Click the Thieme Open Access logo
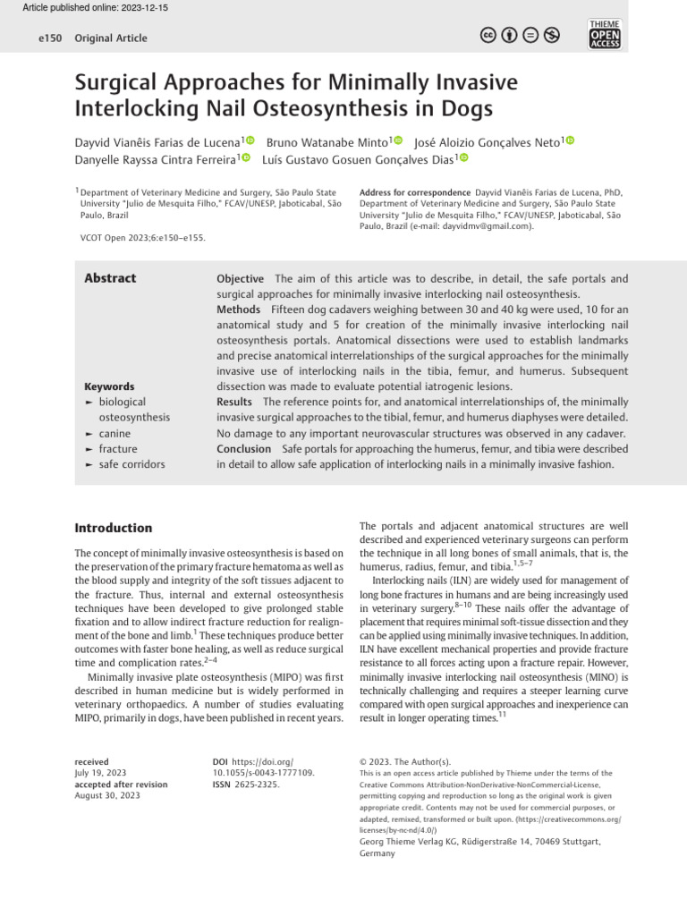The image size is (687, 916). click(x=605, y=34)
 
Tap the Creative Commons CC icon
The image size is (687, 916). click(x=489, y=36)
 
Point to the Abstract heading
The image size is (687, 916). click(x=110, y=278)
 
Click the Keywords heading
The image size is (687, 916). click(x=109, y=386)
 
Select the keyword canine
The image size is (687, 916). click(x=114, y=433)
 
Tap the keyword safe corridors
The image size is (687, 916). click(x=131, y=464)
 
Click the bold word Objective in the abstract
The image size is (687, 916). click(x=240, y=279)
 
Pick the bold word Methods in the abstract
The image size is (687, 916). click(x=239, y=310)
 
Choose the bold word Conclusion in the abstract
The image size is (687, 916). click(x=243, y=449)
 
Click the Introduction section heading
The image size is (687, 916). click(x=114, y=528)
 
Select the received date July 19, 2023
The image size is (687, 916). click(x=100, y=772)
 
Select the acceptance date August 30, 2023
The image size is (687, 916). click(x=107, y=795)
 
